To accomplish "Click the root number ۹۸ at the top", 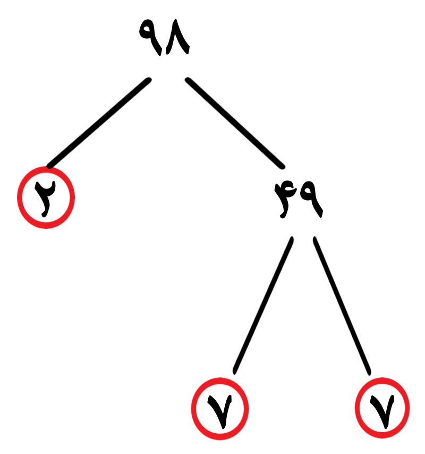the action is [x=164, y=37].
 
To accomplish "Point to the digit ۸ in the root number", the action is [x=177, y=37].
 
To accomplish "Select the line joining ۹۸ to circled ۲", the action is [x=99, y=123].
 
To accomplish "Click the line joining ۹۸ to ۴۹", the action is [x=235, y=123].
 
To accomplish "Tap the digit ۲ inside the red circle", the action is [x=45, y=199].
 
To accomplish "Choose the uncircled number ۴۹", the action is [x=299, y=200].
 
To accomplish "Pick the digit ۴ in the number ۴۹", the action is [x=286, y=200].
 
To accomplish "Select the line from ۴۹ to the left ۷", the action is [x=263, y=305].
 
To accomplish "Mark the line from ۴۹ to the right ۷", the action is [x=342, y=306].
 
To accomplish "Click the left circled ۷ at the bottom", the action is [x=220, y=409].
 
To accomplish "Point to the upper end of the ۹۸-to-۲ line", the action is [x=149, y=80].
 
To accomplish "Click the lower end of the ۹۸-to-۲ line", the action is [x=49, y=166].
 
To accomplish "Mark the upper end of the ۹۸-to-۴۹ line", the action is [x=188, y=80].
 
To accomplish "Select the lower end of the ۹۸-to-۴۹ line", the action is [x=283, y=166].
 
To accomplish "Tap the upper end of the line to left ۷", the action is [x=292, y=238].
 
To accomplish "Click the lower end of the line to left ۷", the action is [x=235, y=373].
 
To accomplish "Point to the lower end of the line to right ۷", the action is [x=369, y=373].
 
